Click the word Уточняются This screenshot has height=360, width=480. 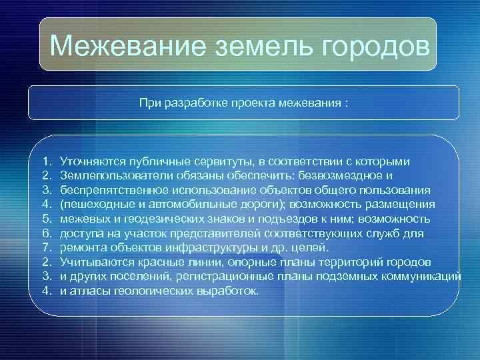coord(89,162)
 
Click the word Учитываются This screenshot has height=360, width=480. coord(92,261)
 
